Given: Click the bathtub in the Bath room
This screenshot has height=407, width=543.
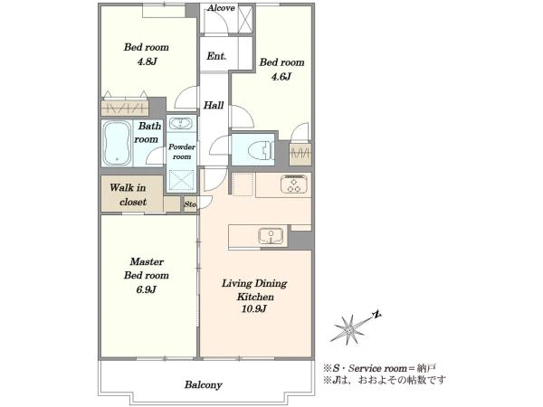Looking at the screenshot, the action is click(x=118, y=143).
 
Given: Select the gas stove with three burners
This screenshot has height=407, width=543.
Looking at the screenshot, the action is click(x=294, y=184).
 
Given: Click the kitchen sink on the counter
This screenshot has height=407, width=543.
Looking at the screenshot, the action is click(x=271, y=236).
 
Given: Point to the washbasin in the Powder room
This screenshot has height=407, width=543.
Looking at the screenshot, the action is click(x=181, y=123).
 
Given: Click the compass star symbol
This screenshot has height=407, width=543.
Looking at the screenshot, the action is click(x=350, y=329).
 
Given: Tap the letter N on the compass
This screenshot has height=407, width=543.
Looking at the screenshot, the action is click(x=376, y=315).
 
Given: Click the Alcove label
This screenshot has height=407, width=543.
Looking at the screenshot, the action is click(x=221, y=8).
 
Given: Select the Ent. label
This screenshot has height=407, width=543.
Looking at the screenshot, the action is click(x=216, y=56).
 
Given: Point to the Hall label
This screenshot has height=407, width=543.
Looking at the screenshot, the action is click(x=214, y=105).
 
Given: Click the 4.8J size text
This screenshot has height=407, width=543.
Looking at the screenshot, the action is click(x=147, y=62).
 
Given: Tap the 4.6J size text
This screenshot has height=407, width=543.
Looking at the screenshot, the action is click(x=281, y=77).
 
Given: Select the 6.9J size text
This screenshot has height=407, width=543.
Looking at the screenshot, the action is click(x=146, y=289).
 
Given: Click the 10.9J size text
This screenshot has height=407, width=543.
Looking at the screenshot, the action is click(x=254, y=308).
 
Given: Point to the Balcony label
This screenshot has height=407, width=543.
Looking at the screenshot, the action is click(x=204, y=384).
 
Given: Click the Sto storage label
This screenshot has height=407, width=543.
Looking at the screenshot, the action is click(x=190, y=204).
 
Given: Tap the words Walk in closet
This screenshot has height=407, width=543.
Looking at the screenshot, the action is click(x=129, y=194).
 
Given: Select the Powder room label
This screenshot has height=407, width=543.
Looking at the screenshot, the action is click(x=182, y=152).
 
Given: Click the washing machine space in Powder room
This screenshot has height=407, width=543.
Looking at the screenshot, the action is click(x=181, y=180).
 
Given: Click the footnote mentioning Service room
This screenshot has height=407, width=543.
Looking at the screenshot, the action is click(x=379, y=368).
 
